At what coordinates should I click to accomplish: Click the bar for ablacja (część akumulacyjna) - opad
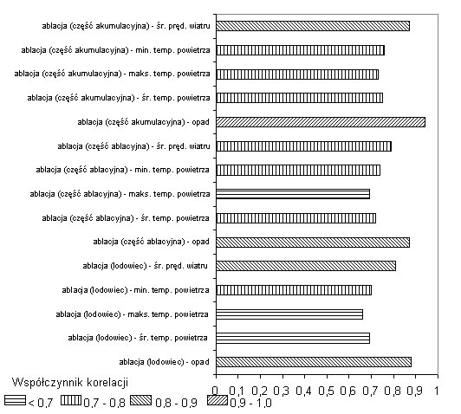321,122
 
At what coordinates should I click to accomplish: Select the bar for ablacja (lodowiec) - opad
314,362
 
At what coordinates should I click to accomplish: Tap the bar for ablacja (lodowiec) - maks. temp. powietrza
289,314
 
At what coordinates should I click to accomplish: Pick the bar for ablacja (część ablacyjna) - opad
313,243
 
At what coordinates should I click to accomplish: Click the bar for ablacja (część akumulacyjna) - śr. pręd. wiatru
313,26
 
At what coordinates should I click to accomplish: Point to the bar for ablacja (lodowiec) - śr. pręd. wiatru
306,266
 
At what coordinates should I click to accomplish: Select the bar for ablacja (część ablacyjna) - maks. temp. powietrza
293,194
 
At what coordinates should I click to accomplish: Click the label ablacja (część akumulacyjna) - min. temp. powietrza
115,50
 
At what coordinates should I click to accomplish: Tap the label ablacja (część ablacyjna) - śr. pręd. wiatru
133,146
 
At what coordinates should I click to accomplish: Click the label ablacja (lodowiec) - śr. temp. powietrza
138,338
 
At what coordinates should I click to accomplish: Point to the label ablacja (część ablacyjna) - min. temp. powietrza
122,170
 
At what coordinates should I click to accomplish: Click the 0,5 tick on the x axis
327,375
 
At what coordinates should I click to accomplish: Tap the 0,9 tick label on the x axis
415,391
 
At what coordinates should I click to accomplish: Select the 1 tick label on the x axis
437,391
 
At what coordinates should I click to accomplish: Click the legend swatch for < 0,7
15,401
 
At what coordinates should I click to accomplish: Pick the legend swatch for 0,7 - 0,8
71,401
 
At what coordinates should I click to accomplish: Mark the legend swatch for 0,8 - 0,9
141,401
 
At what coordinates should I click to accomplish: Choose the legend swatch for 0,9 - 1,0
218,401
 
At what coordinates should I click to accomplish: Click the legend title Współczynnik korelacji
70,383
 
